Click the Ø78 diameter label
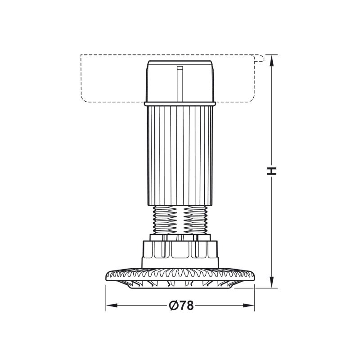181,306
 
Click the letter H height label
272,171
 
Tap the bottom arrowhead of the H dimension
272,282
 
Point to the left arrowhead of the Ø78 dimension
112,306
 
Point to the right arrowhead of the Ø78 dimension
249,306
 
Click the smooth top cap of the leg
180,81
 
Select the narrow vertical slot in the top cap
180,84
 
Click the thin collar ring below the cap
180,104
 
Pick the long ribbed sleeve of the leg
180,156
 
